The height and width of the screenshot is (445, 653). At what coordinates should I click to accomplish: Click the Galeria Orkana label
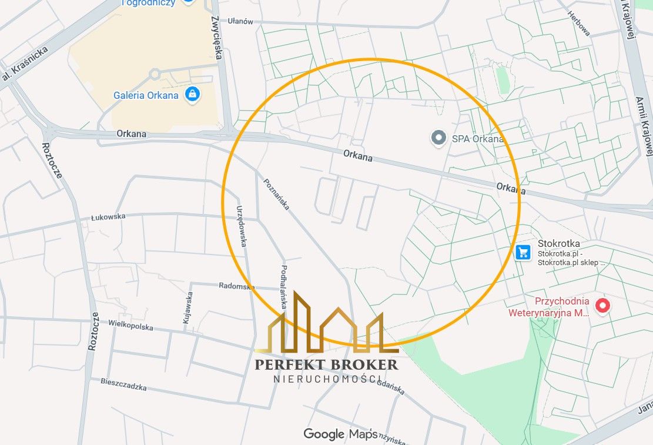[146, 95]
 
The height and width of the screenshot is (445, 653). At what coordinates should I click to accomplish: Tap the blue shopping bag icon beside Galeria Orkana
[192, 93]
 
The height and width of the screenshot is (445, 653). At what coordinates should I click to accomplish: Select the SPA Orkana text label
[478, 139]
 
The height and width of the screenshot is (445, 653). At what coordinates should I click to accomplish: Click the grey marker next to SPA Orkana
[438, 138]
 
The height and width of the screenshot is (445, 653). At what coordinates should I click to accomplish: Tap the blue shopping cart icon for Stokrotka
[523, 253]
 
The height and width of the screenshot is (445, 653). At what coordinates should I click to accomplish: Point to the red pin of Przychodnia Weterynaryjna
[602, 305]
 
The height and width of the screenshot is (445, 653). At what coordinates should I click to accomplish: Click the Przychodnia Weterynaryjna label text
[548, 307]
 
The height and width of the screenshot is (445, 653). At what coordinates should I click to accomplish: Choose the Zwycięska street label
[217, 37]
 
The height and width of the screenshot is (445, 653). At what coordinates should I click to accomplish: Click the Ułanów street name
[240, 21]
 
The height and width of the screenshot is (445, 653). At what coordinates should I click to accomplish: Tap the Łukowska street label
[108, 216]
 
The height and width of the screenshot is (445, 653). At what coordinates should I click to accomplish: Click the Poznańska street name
[276, 195]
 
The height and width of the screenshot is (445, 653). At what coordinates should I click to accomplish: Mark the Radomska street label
[236, 286]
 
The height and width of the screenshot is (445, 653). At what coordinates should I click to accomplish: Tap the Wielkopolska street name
[130, 326]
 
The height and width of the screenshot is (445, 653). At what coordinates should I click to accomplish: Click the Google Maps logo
[340, 434]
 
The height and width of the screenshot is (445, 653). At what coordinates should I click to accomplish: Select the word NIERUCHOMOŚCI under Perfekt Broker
[327, 379]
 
